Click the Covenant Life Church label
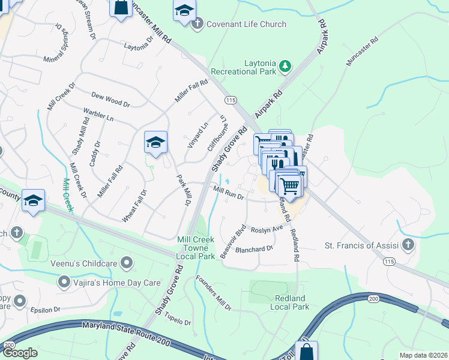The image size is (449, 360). coord(246,24)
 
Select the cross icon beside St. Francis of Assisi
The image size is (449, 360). coord(408,245)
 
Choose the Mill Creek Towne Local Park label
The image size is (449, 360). coord(196,248)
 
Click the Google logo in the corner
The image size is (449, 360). coord(20,352)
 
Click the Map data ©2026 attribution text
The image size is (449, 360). coord(422,355)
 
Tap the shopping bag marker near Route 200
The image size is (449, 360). coord(306,350)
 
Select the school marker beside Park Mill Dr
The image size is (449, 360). coord(155,142)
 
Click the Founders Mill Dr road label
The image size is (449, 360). coord(213,293)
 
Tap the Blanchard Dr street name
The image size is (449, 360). coord(255,248)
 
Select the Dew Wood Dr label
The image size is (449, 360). coord(110,100)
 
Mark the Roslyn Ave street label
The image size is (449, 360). coord(267,229)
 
